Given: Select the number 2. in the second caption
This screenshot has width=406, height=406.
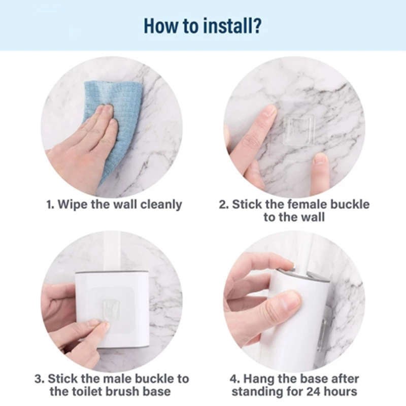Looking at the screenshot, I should coord(224,205).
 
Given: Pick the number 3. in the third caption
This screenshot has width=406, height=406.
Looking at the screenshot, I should coord(39,379).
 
